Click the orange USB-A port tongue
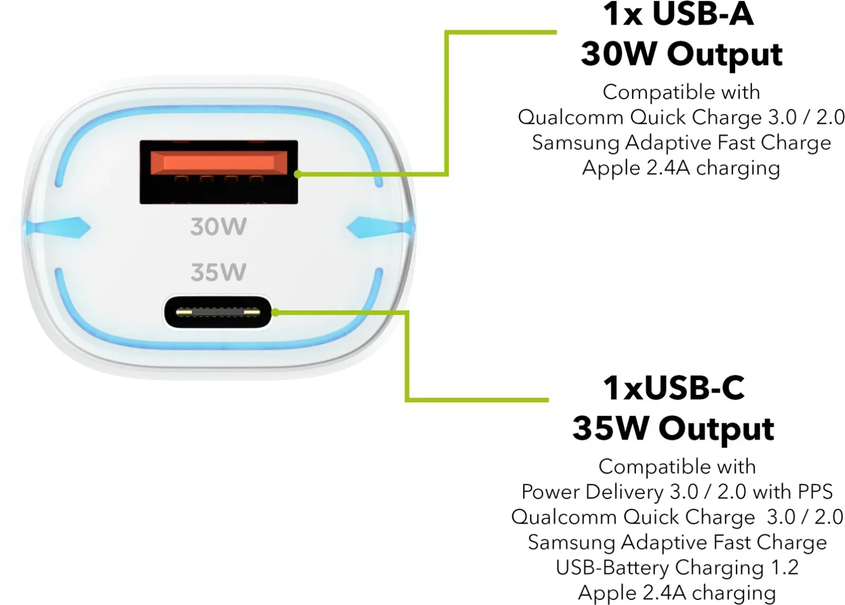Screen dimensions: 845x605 coord(219,163)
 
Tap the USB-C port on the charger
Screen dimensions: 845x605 coord(218,312)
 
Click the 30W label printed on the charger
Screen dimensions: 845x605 coord(219,227)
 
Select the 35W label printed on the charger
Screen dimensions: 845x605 coord(219,272)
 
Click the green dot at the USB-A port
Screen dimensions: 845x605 coord(298,174)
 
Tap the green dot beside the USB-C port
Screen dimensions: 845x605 coord(275,312)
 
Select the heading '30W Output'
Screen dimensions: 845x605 coord(682,54)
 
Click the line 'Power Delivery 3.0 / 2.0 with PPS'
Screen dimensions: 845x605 coord(677,492)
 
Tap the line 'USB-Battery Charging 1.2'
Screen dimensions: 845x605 coord(677,567)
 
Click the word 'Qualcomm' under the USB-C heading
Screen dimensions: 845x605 coord(564,517)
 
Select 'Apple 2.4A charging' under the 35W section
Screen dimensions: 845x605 coord(677,592)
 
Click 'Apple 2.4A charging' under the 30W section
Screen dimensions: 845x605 coord(681,168)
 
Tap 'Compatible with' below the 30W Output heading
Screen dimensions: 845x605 coord(681,92)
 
